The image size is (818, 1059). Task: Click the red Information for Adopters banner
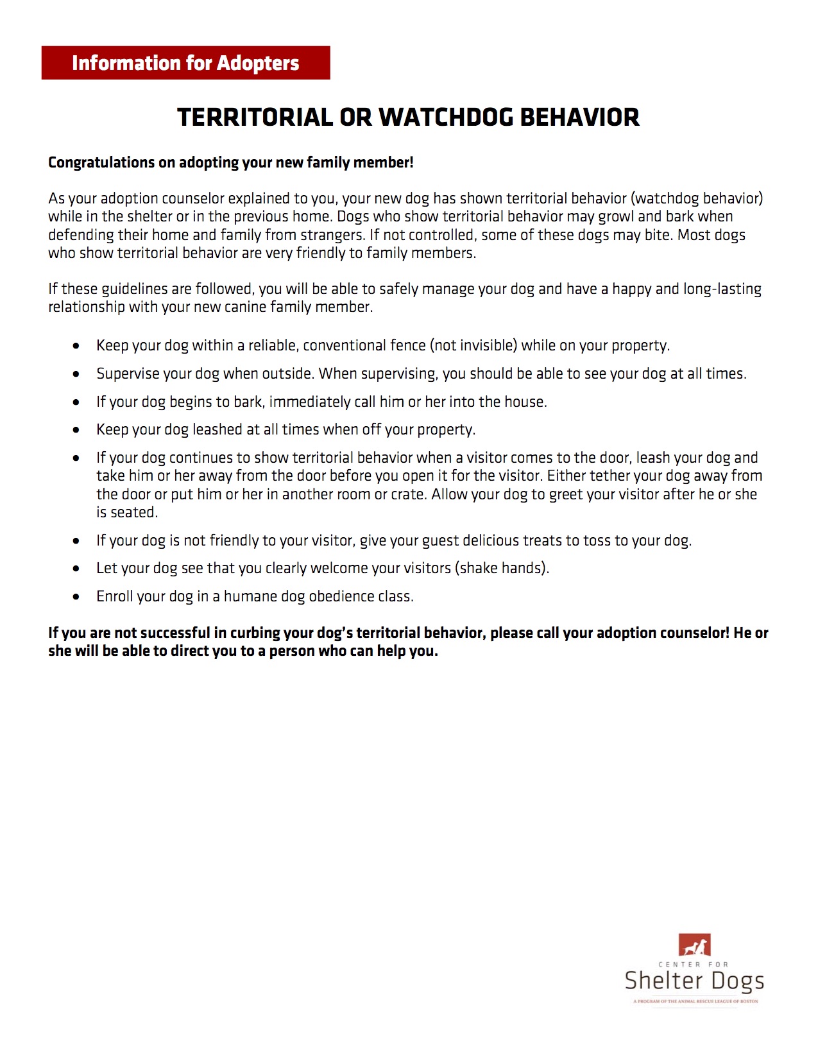click(x=185, y=63)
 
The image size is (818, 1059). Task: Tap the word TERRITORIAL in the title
click(x=254, y=117)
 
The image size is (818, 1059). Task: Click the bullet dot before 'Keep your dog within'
click(x=76, y=346)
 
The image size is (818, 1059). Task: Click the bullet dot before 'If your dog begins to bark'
click(x=76, y=402)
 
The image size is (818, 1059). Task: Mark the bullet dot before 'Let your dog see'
click(x=76, y=569)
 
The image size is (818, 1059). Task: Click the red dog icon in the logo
click(x=695, y=945)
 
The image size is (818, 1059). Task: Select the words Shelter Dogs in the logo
click(x=694, y=981)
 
